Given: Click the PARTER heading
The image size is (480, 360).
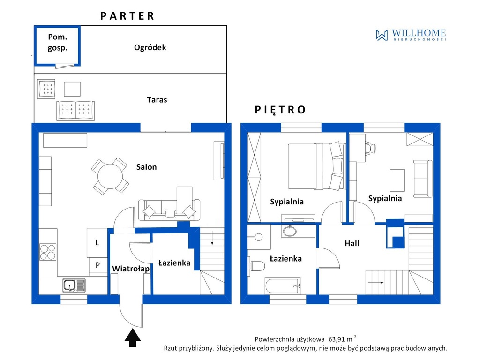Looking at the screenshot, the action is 127,16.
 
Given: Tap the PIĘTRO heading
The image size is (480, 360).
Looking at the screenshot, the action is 280,110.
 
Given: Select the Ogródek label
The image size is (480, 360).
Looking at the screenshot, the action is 150,47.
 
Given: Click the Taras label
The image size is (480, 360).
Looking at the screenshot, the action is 157,100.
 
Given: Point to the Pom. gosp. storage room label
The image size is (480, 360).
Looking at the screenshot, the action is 58,42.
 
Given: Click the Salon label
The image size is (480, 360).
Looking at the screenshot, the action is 146,167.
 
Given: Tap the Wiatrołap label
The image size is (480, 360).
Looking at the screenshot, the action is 131,269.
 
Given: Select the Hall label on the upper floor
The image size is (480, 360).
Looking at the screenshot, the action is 352,243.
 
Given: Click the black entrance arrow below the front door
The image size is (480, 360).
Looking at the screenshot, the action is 133,338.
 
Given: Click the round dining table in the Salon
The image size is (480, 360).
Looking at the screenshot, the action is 110,176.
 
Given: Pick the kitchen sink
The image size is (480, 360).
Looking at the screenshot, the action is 74,285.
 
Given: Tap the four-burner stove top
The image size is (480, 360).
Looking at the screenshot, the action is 48,252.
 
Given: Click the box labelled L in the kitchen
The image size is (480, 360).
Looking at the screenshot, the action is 97,243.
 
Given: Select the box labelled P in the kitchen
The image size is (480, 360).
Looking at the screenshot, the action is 98,265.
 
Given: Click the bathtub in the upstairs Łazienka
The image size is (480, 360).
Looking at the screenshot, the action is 282,285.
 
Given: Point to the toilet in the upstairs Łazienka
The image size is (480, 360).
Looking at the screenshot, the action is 257,266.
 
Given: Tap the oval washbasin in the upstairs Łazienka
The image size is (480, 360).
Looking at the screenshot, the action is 289,231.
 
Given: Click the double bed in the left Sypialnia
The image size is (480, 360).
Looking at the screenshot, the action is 317,166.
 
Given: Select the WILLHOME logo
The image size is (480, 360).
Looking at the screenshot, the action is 411,35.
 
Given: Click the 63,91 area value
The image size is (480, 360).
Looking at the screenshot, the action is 337,339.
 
